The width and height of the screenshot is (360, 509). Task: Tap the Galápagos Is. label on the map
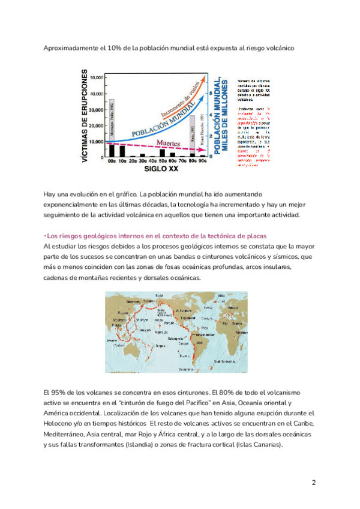(x=178, y=337)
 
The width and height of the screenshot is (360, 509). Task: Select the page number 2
(x=313, y=483)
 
